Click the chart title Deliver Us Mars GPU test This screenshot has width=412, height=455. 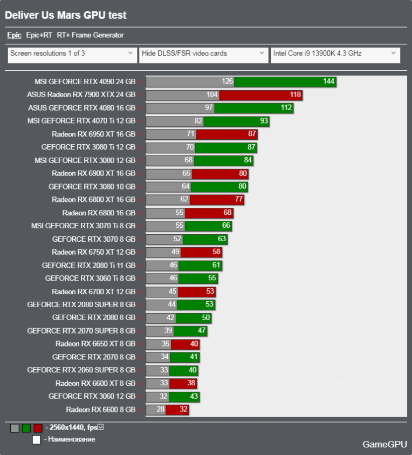tap(66, 16)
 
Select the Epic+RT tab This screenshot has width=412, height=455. tap(39, 35)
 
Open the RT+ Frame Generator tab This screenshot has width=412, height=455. tap(90, 35)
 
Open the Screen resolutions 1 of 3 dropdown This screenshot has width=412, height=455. tap(72, 53)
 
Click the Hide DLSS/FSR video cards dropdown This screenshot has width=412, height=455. tap(203, 53)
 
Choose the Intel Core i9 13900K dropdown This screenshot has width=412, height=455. tap(335, 53)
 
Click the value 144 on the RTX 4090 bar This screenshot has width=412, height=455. tap(329, 82)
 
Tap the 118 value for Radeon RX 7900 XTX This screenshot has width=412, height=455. tap(295, 95)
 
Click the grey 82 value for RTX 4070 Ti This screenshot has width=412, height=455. tap(198, 121)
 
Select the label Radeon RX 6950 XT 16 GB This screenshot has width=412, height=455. tap(93, 134)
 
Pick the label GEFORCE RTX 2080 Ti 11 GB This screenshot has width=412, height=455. tap(88, 266)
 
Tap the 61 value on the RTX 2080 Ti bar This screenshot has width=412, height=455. tap(216, 266)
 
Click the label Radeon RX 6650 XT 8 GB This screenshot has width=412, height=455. tap(95, 344)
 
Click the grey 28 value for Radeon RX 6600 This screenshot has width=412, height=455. tap(160, 410)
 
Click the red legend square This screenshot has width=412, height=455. tap(38, 428)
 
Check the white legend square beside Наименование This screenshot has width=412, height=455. tap(36, 440)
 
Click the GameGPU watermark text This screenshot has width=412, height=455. tap(384, 444)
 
